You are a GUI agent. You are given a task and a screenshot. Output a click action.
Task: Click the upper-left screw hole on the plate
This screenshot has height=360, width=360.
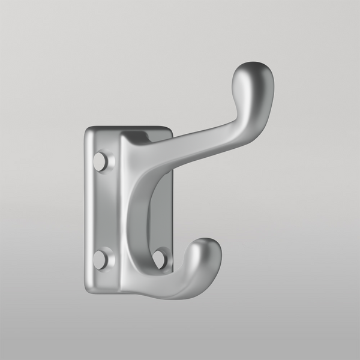point(101,161)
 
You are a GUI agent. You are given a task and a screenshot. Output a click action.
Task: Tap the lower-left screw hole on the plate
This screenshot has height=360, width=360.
point(101,259)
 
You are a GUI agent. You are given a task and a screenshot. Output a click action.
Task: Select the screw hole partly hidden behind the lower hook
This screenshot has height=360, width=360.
point(160,258)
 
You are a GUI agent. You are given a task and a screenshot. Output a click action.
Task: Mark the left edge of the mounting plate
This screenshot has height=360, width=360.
point(86,210)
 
